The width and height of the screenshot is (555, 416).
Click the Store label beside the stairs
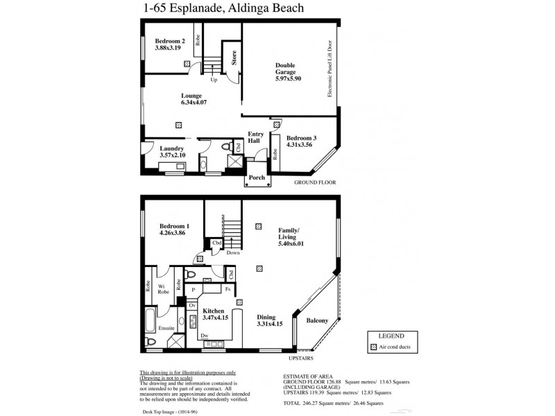point(234,58)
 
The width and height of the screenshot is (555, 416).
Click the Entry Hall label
point(255,137)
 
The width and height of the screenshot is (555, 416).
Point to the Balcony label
point(317,321)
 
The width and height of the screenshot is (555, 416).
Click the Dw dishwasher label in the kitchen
point(205,336)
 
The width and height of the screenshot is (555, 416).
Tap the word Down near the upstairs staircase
point(233,253)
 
